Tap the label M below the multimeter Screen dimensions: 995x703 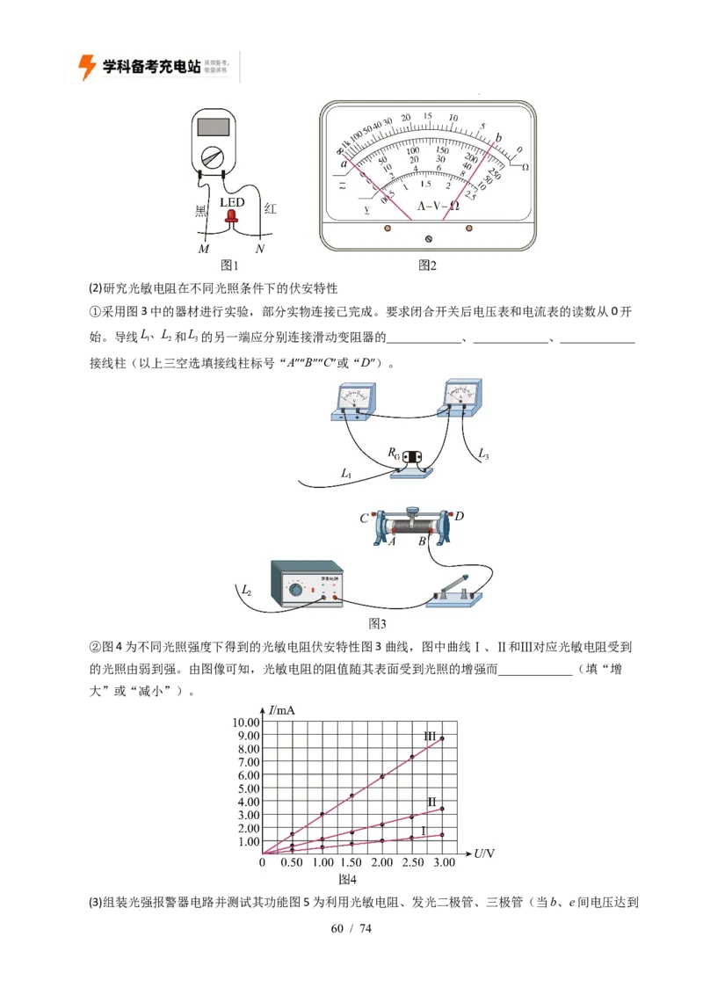pyautogui.click(x=204, y=250)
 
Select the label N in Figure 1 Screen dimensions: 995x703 pyautogui.click(x=260, y=250)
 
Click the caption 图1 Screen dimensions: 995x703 pyautogui.click(x=229, y=265)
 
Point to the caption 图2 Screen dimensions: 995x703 pyautogui.click(x=427, y=265)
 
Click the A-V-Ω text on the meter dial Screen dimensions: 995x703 pyautogui.click(x=438, y=206)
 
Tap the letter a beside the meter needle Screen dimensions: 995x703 pyautogui.click(x=344, y=162)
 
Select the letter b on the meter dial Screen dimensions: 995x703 pyautogui.click(x=499, y=137)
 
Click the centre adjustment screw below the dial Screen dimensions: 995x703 pyautogui.click(x=429, y=238)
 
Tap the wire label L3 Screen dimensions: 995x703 pyautogui.click(x=483, y=454)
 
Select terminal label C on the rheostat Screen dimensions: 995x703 pyautogui.click(x=364, y=518)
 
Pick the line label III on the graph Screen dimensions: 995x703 pyautogui.click(x=430, y=736)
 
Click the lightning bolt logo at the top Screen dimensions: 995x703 pyautogui.click(x=87, y=67)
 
